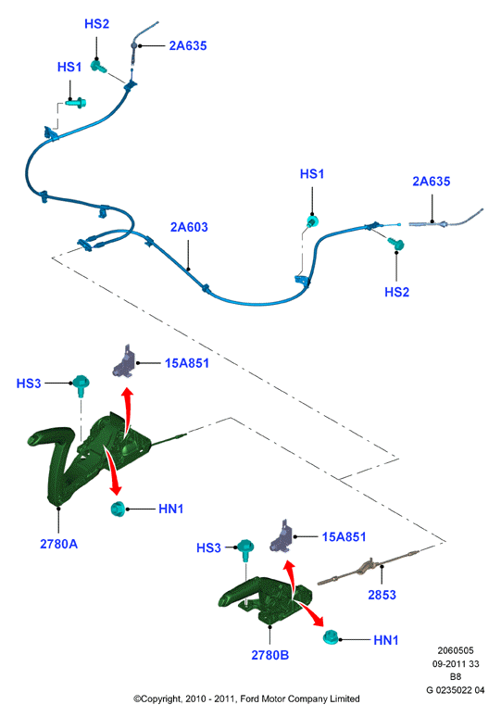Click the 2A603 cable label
point(189,227)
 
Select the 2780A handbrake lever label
point(58,544)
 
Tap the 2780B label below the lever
point(270,655)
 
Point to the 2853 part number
point(382,595)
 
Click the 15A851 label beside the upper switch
point(187,363)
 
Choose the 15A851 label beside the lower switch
point(344,537)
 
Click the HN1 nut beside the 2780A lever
point(119,509)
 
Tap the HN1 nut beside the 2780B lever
point(331,638)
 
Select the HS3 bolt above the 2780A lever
point(81,385)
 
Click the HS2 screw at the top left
point(99,67)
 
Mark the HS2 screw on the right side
point(395,244)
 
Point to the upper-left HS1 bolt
point(75,103)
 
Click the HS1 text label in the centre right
point(312,174)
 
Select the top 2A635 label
point(188,45)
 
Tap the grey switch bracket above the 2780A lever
point(124,361)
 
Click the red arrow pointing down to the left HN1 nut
point(112,472)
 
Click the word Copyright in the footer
point(159,698)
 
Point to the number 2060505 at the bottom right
point(456,650)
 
